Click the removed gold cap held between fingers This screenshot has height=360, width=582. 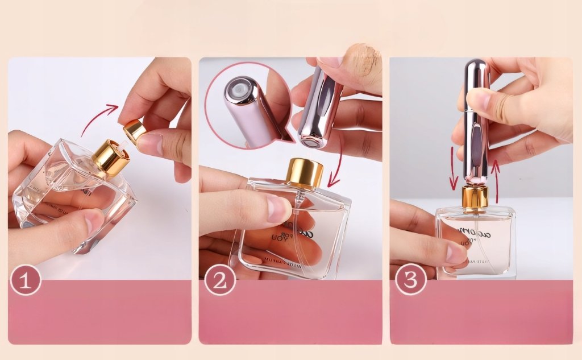click(134, 131)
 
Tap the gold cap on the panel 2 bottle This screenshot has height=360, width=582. click(305, 173)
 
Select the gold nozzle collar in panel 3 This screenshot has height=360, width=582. click(475, 197)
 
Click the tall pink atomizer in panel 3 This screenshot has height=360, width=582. click(476, 119)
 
